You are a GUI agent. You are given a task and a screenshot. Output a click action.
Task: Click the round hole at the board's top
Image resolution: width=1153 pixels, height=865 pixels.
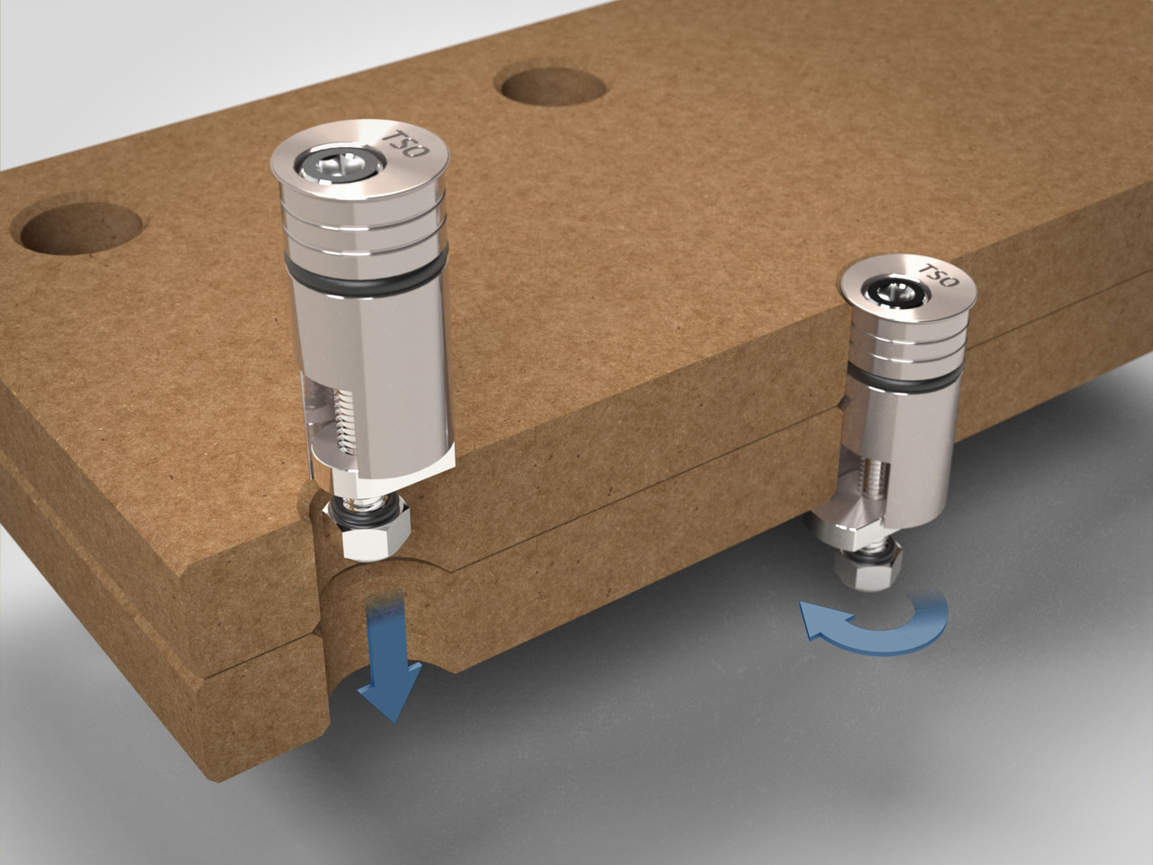[x=551, y=86]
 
